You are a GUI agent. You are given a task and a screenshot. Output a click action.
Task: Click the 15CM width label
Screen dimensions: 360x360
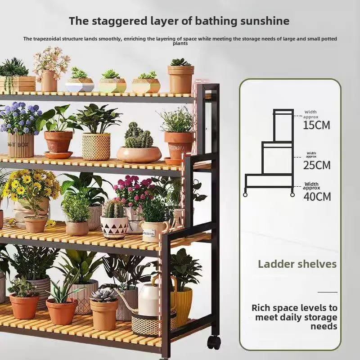click(x=316, y=125)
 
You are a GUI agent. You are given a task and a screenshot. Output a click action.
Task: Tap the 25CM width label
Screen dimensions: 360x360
click(x=317, y=165)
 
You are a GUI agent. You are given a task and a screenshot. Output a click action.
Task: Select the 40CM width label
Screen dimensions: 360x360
click(x=317, y=196)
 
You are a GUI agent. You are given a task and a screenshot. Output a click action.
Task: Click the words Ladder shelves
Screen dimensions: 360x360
click(x=297, y=264)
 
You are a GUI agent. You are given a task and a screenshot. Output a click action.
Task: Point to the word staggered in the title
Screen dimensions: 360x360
click(x=112, y=21)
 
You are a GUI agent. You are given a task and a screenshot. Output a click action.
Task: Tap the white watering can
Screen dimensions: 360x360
click(x=148, y=299)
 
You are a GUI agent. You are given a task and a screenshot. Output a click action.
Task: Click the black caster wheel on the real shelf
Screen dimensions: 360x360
click(x=214, y=342)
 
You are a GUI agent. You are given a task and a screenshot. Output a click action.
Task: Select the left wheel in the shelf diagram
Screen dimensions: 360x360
click(x=246, y=195)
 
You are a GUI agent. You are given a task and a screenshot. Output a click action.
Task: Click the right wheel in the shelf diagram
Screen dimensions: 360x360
click(x=292, y=195)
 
